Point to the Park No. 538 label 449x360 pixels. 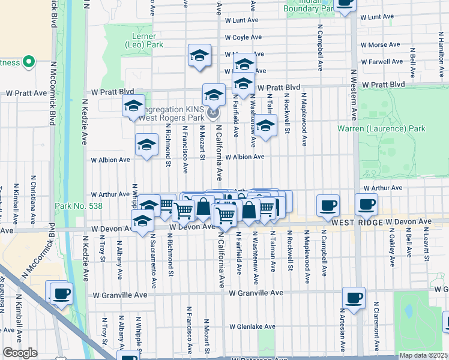pyautogui.click(x=78, y=206)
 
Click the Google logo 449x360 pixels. pyautogui.click(x=20, y=352)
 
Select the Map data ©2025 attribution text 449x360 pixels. pyautogui.click(x=423, y=355)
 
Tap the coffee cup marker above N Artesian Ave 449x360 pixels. pyautogui.click(x=354, y=297)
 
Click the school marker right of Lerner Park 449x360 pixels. pyautogui.click(x=199, y=56)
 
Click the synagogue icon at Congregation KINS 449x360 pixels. pyautogui.click(x=212, y=113)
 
